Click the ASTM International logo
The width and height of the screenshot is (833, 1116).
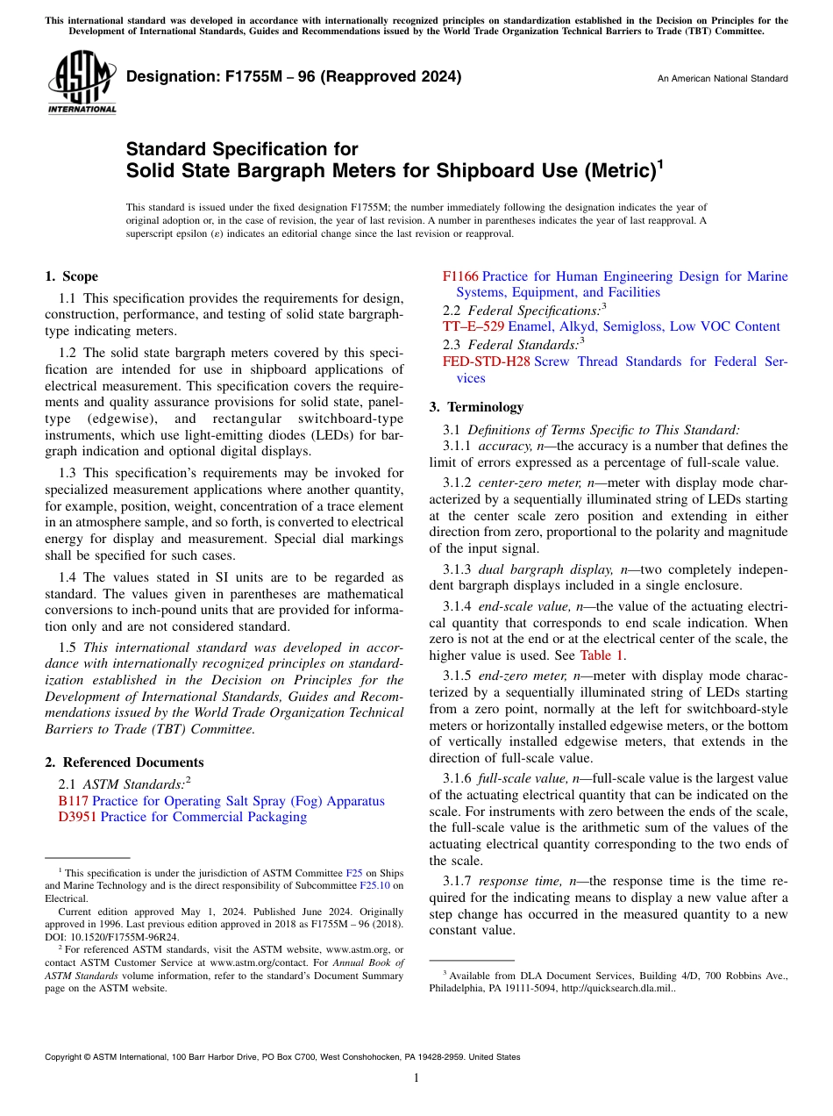coord(81,82)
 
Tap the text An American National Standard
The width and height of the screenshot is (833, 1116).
coord(723,79)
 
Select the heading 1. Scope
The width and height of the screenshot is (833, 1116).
coord(71,276)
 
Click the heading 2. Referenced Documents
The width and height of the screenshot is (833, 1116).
coord(124,762)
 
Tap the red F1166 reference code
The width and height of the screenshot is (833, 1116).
coord(460,276)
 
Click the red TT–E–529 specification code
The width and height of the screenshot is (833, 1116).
coord(473,326)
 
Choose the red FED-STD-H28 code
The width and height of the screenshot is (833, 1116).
coord(486,361)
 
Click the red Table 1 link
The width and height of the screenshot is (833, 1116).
coord(602,655)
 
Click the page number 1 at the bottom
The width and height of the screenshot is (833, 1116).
coord(416,1077)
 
